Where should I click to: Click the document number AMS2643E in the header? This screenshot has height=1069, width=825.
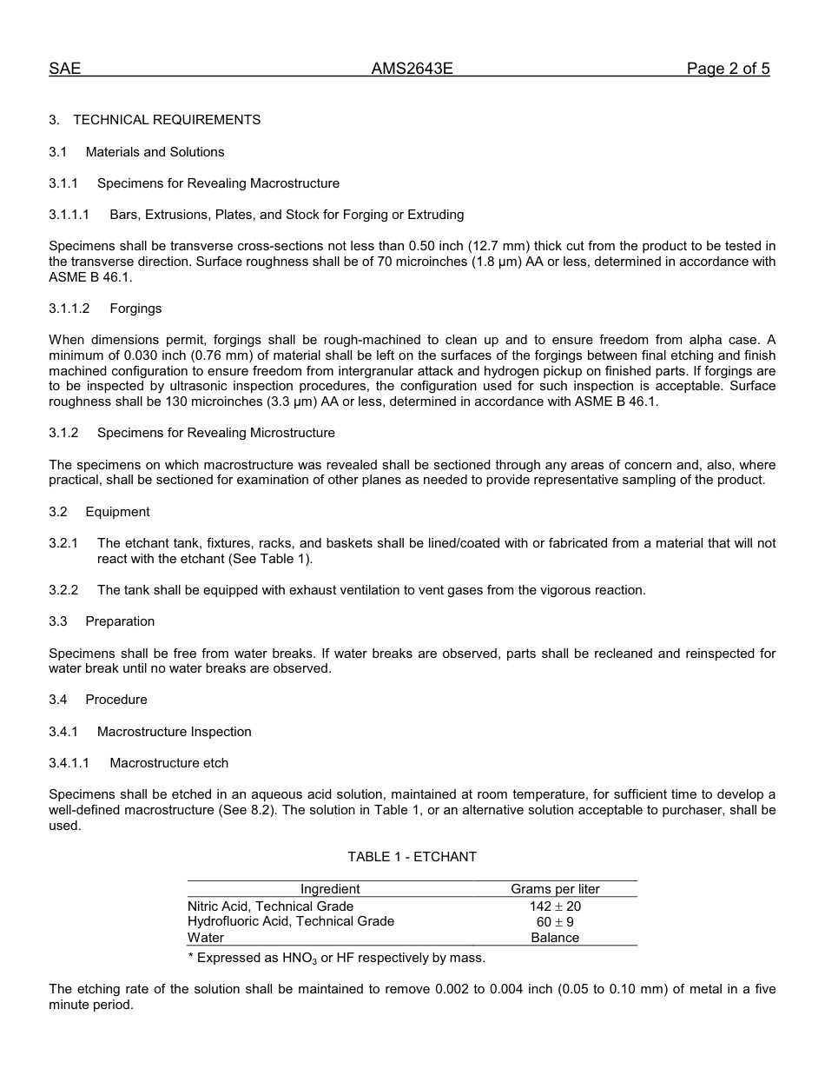point(412,70)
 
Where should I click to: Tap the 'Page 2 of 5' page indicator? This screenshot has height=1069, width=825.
point(728,70)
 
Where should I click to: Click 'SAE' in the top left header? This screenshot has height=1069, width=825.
point(64,70)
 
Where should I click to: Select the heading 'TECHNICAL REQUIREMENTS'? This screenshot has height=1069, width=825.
point(167,120)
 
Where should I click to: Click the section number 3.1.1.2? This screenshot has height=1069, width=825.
point(69,309)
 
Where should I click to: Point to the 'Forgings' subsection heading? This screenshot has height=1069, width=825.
point(135,309)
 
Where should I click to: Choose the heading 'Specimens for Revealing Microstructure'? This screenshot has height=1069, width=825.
point(215,433)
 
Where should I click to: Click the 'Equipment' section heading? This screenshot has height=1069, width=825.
point(117,512)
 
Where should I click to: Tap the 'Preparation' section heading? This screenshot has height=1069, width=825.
point(120,621)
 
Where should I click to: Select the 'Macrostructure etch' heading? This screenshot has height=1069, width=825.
point(168,763)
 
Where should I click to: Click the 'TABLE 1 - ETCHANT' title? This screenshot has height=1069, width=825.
point(412,857)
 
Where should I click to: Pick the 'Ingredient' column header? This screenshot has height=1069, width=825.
point(330,889)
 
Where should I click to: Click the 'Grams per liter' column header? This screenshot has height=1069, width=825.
point(555,889)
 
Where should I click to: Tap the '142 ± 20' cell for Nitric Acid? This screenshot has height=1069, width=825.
point(555,906)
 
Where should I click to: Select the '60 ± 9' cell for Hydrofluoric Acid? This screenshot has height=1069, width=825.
point(555,922)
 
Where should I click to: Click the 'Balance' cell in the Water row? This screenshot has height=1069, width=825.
point(555,938)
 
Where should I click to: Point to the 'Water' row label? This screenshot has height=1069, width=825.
point(206,938)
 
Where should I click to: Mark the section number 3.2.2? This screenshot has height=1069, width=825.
point(63,590)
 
